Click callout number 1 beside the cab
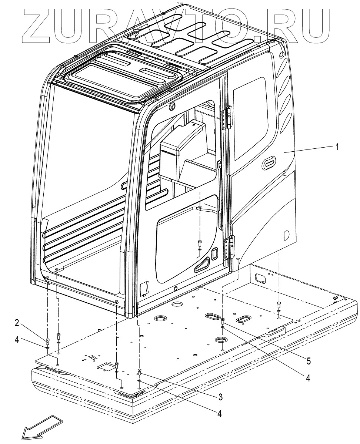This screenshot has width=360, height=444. [x=337, y=147]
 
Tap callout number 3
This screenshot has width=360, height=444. [x=220, y=397]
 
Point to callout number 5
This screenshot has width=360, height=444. [x=309, y=360]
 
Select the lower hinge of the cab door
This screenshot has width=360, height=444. [x=230, y=247]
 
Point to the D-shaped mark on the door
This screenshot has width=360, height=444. [x=286, y=235]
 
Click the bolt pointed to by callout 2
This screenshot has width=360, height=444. [x=48, y=341]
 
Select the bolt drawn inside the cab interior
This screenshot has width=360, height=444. [x=200, y=243]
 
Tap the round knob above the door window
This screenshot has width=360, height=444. [x=171, y=106]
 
